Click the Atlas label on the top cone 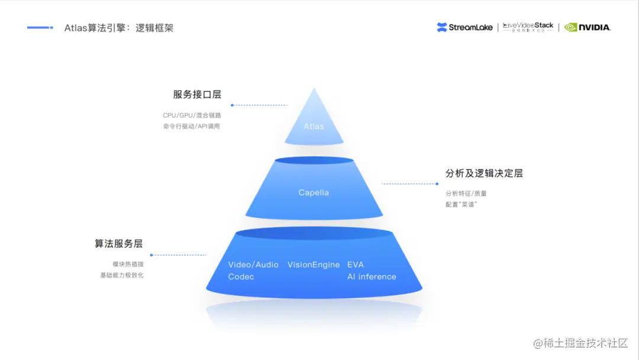pos(314,126)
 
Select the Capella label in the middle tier pos(314,192)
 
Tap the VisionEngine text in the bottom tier pos(314,265)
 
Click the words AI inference pos(372,277)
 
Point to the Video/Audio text pos(253,265)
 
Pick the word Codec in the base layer pos(241,277)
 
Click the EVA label pos(356,265)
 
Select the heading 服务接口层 pos(197,94)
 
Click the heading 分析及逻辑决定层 pos(484,173)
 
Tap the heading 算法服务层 pos(118,243)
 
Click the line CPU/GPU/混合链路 pos(192,115)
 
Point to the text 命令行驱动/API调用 pos(191,126)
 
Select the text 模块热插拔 pos(128,264)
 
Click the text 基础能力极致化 pos(122,275)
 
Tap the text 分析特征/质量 pos(466,193)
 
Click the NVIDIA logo pos(587,27)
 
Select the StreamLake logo pos(464,27)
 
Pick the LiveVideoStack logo pos(528,27)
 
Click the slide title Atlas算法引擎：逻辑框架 pos(119,28)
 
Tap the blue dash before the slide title pos(40,27)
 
